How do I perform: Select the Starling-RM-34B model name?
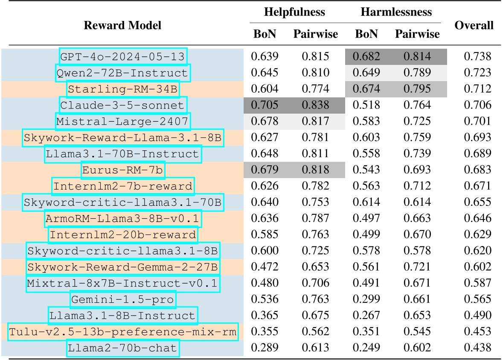pyautogui.click(x=123, y=89)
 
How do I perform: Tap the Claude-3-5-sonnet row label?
pyautogui.click(x=123, y=105)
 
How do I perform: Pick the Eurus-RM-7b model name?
pyautogui.click(x=123, y=170)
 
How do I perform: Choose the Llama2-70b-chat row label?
pyautogui.click(x=123, y=348)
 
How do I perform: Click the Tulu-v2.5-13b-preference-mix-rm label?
pyautogui.click(x=123, y=332)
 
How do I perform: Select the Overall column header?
pyautogui.click(x=474, y=25)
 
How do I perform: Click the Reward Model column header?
pyautogui.click(x=122, y=25)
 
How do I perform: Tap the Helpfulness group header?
pyautogui.click(x=294, y=12)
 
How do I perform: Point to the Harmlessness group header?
pyautogui.click(x=395, y=12)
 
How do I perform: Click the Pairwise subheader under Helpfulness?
pyautogui.click(x=315, y=34)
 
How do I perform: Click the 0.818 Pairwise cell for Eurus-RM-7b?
pyautogui.click(x=315, y=170)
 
